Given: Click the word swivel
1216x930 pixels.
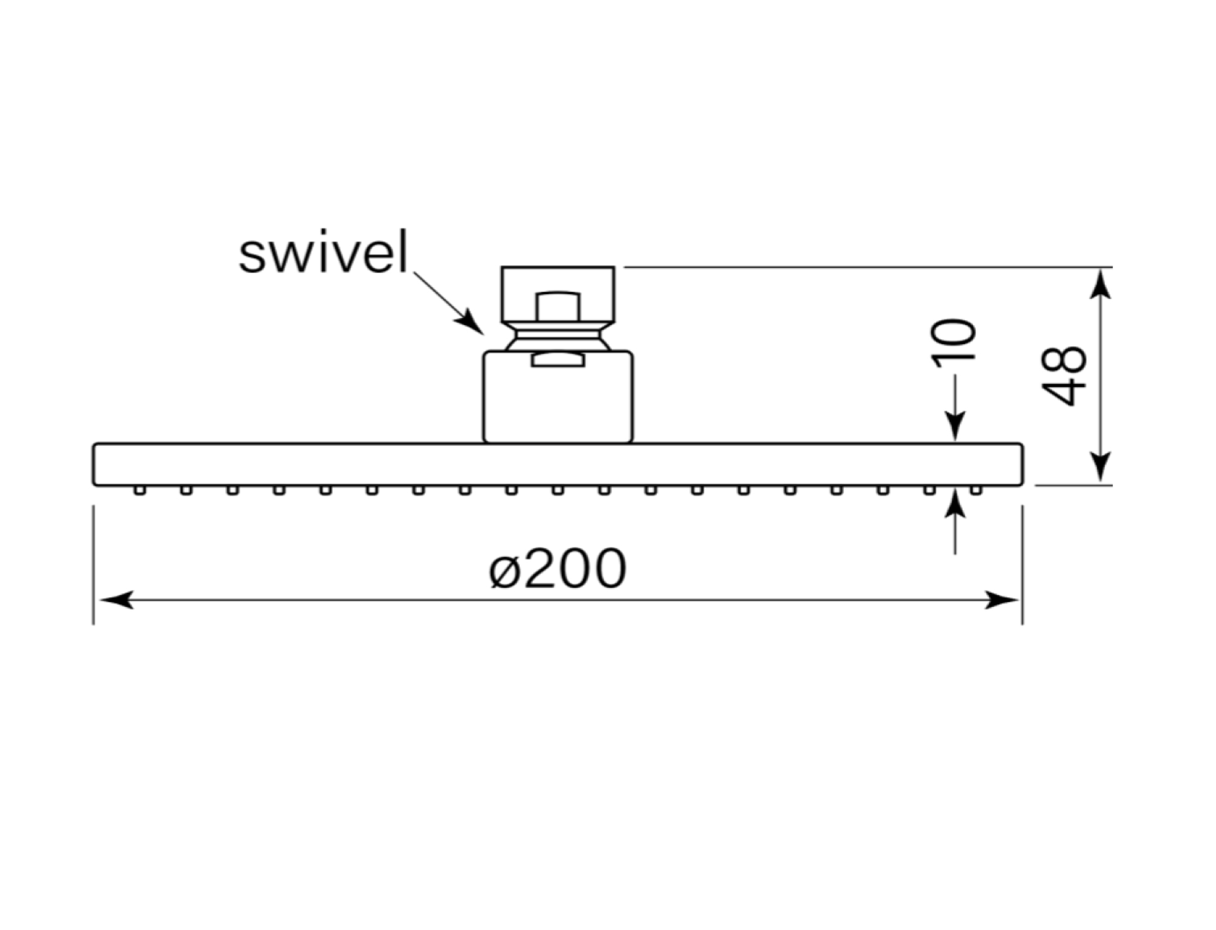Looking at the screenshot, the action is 323,252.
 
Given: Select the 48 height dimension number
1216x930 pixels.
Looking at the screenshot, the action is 1064,376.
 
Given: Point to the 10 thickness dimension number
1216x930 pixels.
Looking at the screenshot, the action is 953,343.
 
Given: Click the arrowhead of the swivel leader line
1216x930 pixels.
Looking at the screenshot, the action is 471,322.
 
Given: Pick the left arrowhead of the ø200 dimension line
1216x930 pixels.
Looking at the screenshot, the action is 116,600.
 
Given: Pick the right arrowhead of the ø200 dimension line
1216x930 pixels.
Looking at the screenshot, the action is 1001,600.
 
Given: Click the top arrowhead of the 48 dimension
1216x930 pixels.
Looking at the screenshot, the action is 1101,285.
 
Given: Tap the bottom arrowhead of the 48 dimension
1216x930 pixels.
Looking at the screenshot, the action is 1101,467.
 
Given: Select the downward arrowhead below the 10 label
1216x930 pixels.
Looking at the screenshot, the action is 955,426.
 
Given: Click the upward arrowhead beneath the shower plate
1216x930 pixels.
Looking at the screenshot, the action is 955,504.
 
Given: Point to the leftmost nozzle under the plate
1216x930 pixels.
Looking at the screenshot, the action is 140,490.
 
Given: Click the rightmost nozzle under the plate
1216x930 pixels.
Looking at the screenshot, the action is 976,490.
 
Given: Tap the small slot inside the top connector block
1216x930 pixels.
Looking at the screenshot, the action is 558,306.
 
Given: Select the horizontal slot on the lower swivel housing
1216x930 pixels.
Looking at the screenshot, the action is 558,360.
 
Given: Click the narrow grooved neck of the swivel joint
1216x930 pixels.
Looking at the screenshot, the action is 558,336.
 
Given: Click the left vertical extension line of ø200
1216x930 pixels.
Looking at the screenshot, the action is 93,565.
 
